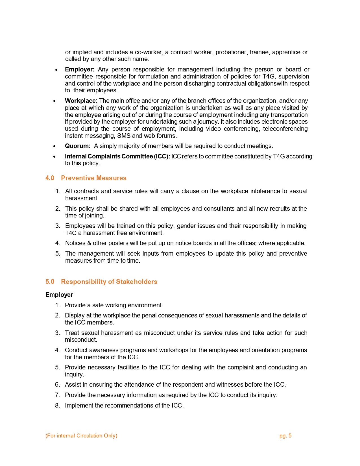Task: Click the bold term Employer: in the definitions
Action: coord(80,69)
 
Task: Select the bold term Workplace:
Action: coord(81,101)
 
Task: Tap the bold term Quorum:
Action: coord(78,146)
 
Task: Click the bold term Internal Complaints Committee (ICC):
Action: coord(117,156)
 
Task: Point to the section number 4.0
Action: coord(50,178)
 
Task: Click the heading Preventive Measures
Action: coord(94,178)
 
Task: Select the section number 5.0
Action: coord(50,282)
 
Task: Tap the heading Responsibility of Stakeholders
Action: coord(109,282)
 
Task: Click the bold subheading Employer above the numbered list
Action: coord(59,295)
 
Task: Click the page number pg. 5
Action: coord(285,436)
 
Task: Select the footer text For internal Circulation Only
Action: coord(81,436)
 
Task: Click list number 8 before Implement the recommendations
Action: coord(58,406)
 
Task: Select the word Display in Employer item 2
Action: coord(74,315)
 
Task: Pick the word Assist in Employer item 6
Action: coord(73,385)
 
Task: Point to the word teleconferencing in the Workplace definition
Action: coord(285,129)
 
